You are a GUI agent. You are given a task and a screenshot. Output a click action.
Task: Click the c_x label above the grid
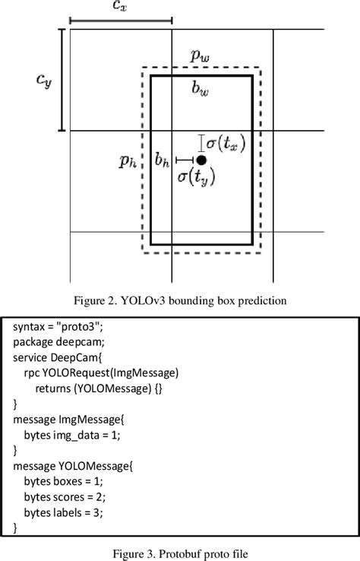120,6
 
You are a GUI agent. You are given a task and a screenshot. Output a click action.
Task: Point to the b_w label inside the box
201,90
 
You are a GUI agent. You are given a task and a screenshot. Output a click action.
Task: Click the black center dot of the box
201,160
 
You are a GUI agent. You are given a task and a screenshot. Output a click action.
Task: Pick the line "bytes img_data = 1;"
72,435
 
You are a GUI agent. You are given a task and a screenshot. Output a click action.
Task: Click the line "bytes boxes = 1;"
65,481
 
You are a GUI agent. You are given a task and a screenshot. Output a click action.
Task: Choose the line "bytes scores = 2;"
68,496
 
